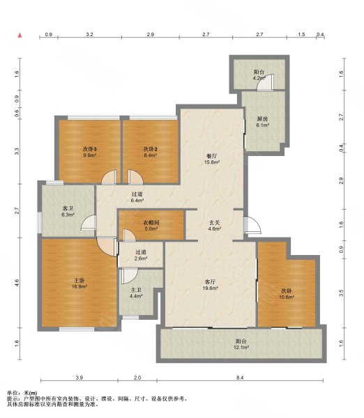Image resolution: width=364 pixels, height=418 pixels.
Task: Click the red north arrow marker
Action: click(x=20, y=36)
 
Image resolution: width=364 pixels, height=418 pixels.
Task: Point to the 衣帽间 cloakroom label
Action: click(x=151, y=222)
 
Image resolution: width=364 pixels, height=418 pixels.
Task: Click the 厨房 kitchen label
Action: click(x=263, y=118)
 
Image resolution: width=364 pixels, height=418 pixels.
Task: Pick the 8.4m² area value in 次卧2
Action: click(x=151, y=155)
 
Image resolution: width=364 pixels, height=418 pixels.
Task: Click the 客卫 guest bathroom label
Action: click(x=68, y=208)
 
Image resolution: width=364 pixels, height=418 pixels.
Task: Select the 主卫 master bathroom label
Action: click(x=136, y=290)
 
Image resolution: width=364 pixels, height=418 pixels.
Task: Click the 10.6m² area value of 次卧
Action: click(x=287, y=297)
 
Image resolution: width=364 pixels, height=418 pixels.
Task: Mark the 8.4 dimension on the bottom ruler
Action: click(x=240, y=378)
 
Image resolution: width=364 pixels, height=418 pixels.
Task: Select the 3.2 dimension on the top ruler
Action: click(x=90, y=34)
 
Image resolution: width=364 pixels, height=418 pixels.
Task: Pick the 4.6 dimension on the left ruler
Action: click(x=17, y=283)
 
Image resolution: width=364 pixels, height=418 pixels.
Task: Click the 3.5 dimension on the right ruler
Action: click(x=341, y=293)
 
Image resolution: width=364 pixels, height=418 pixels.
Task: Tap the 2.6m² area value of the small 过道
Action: click(x=141, y=258)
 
